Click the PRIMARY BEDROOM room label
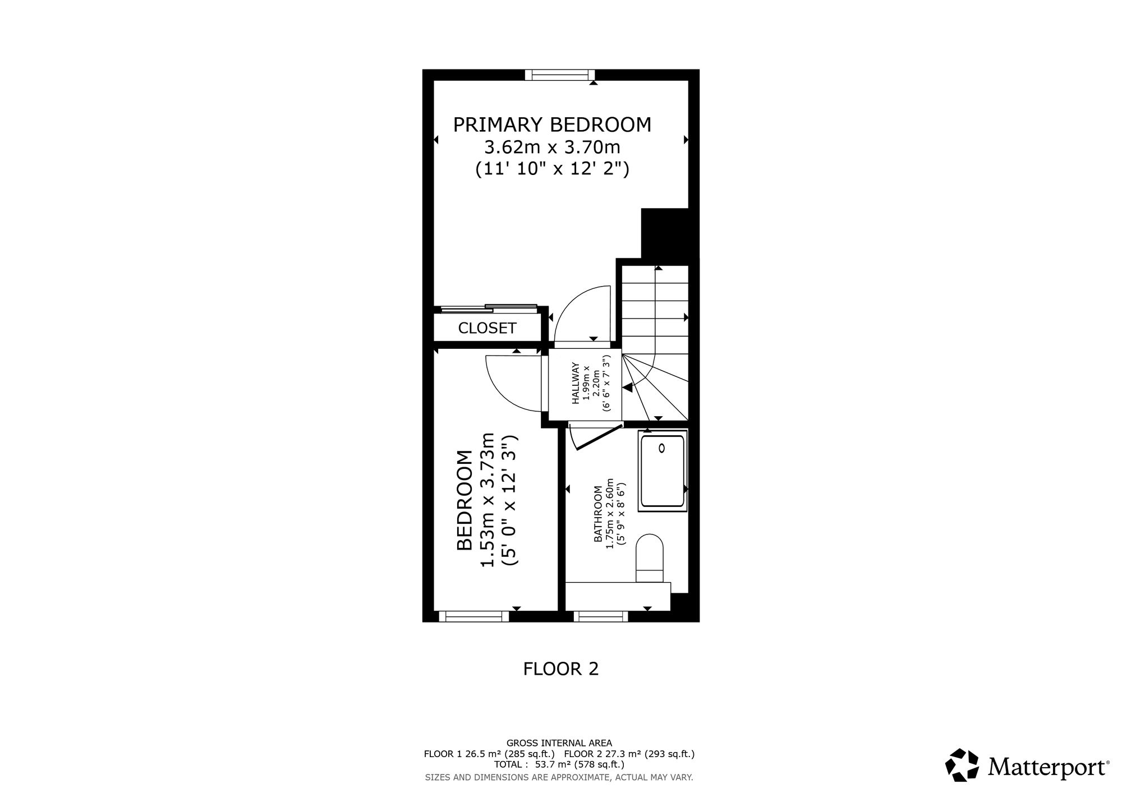click(553, 125)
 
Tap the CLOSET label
click(487, 328)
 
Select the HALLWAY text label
click(576, 384)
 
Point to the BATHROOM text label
click(598, 514)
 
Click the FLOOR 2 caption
click(561, 669)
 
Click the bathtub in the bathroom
click(662, 472)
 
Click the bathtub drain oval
click(662, 448)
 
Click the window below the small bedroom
click(473, 616)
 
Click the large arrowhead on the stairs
click(628, 387)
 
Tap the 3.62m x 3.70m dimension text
click(553, 147)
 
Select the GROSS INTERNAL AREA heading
click(559, 744)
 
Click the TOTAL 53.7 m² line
click(559, 764)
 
